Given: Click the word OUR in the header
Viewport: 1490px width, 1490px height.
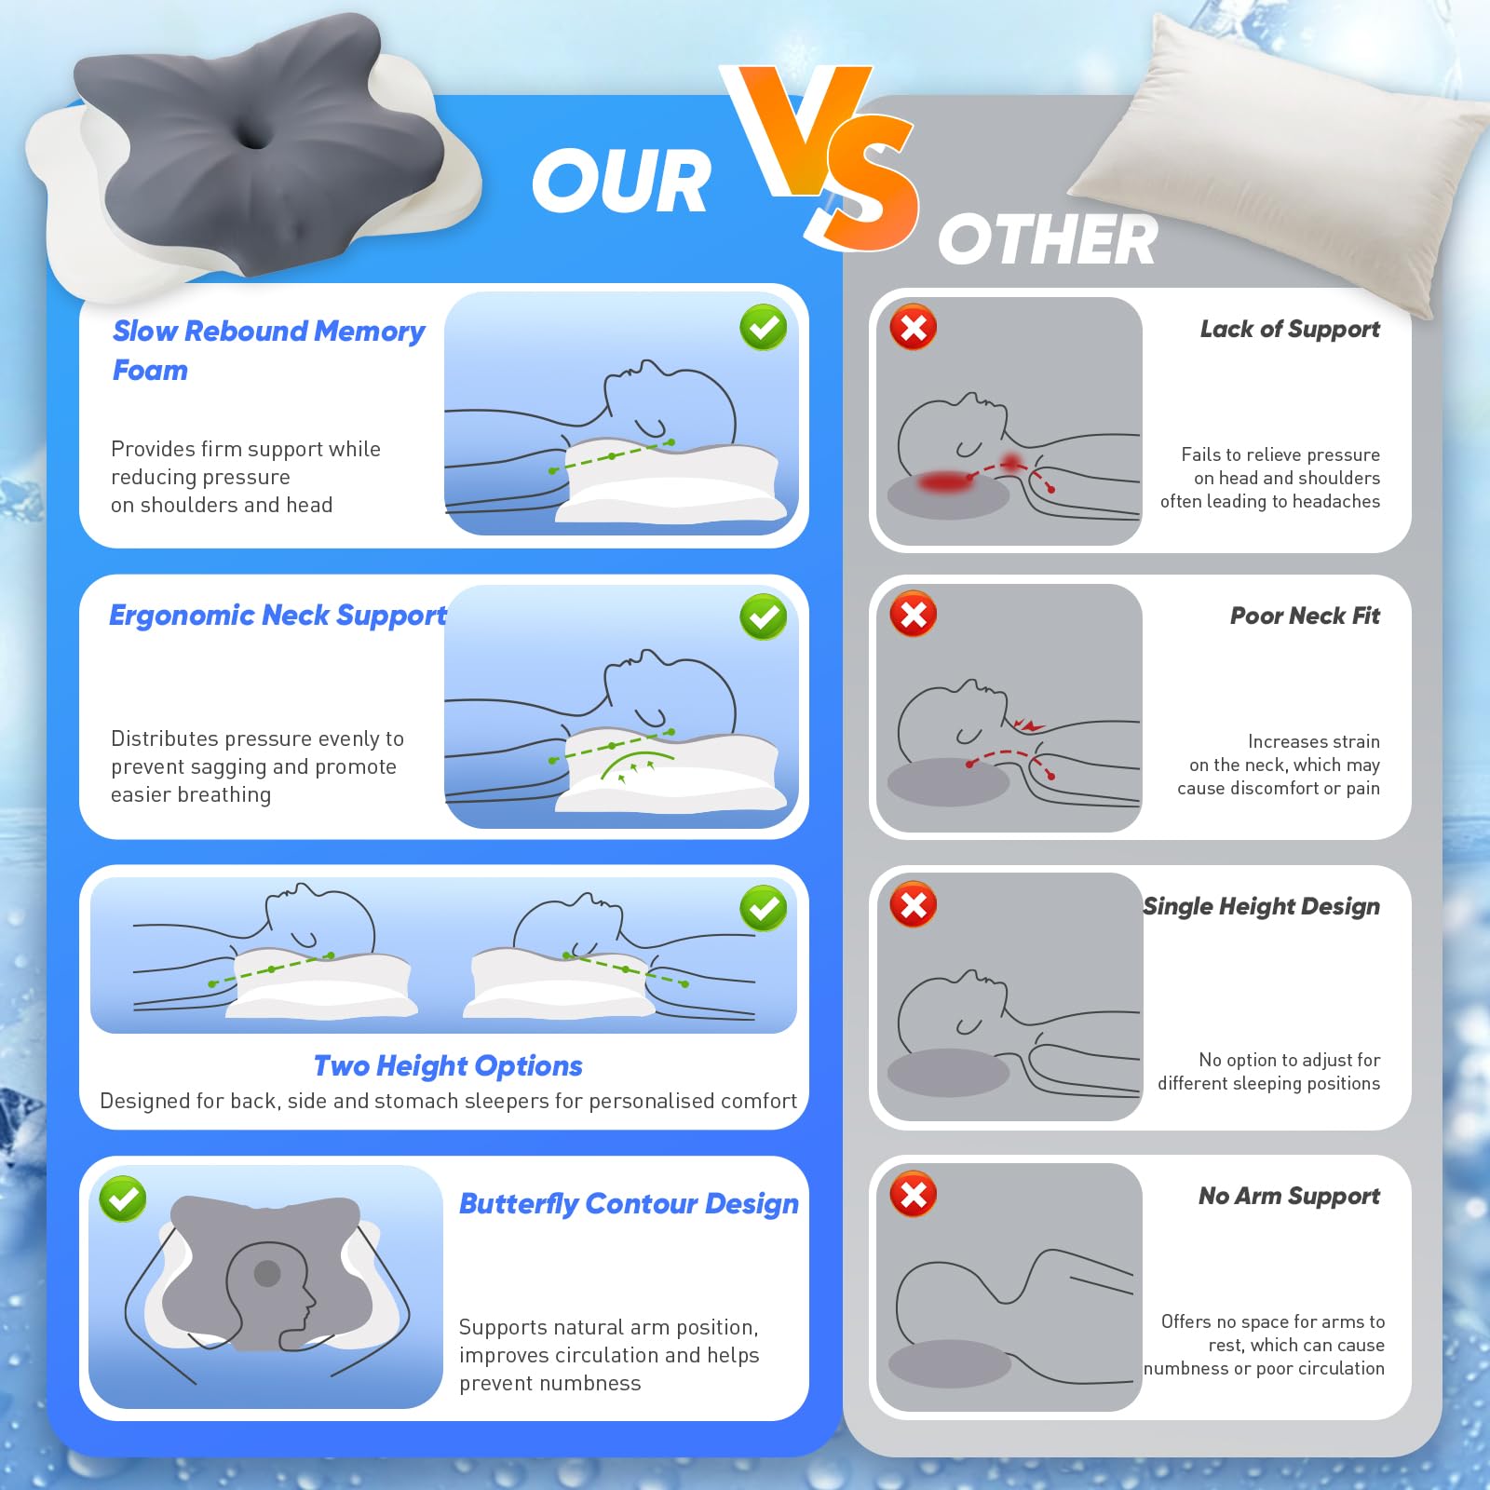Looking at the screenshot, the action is (621, 182).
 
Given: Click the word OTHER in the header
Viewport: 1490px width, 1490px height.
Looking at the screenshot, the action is (1048, 240).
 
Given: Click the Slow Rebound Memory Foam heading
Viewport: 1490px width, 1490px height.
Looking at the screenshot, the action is (268, 350).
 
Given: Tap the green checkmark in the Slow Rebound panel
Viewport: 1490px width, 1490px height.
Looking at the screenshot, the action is (764, 328).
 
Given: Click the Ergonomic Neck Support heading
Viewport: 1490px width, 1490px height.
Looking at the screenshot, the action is (278, 616).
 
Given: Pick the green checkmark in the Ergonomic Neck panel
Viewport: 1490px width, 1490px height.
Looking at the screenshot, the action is (764, 616).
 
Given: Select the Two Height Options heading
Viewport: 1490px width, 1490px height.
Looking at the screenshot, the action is (448, 1065).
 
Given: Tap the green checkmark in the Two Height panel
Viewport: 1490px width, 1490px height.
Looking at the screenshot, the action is (764, 908).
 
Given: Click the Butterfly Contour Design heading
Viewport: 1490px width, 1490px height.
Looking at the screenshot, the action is (629, 1204).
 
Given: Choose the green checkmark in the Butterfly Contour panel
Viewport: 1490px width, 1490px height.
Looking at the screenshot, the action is (123, 1199).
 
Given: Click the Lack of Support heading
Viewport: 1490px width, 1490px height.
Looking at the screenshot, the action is (1290, 329).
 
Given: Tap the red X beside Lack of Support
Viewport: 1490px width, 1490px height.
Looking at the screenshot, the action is (914, 327).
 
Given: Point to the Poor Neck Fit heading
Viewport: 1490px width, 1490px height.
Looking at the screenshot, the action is (1305, 616).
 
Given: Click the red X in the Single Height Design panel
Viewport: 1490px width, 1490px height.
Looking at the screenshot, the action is (914, 904).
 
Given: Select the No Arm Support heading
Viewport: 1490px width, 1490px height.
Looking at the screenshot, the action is (1289, 1196).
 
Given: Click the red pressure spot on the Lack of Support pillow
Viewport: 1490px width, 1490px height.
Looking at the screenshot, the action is (944, 481).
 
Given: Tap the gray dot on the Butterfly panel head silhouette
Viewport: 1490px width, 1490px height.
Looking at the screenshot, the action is (267, 1273).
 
